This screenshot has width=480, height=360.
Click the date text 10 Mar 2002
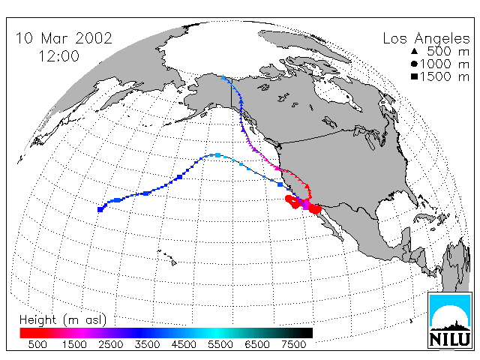coord(64,38)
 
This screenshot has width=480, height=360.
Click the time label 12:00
coord(58,56)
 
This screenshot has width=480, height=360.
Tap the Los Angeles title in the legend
coord(426,39)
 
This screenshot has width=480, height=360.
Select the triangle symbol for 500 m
coord(415,52)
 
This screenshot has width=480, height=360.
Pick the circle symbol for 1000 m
coord(414,64)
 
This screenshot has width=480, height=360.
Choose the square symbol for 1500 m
coord(415,76)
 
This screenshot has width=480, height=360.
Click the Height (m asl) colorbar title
coord(63,320)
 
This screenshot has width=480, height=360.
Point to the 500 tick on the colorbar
coord(37,345)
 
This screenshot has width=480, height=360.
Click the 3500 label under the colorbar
coord(147,345)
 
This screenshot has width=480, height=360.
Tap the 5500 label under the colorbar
coord(220,345)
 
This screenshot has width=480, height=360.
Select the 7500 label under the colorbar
coord(293,345)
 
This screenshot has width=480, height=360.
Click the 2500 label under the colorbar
coord(110,345)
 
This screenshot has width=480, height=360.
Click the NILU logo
coord(450,320)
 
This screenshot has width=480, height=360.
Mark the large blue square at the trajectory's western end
coord(100,209)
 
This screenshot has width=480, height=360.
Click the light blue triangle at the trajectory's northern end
coord(223,77)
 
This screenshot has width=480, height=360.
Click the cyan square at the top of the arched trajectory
coord(218,155)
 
